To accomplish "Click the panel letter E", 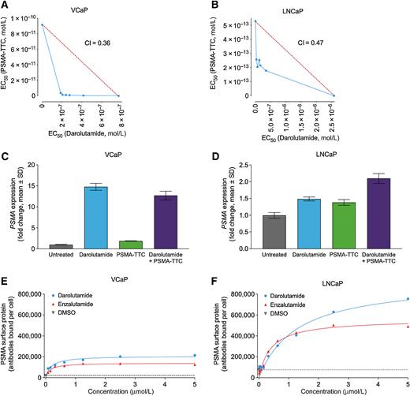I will (x=6, y=280).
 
